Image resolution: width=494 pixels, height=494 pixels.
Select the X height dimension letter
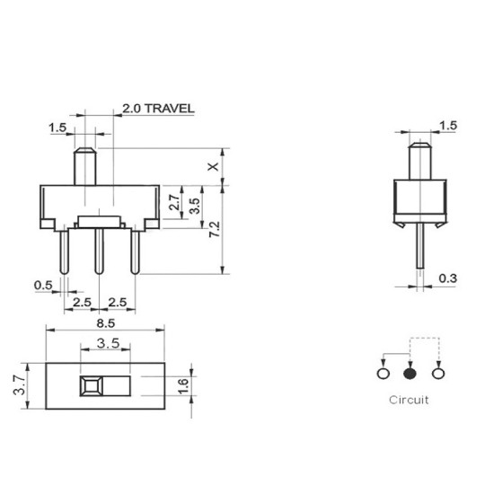(212, 167)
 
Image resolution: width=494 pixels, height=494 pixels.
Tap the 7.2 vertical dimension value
(212, 229)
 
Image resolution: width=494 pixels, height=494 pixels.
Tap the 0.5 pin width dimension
(42, 285)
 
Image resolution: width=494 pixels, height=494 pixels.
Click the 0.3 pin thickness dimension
(447, 279)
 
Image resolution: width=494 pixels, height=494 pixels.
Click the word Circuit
(409, 399)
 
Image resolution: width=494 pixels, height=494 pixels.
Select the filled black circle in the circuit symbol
(411, 374)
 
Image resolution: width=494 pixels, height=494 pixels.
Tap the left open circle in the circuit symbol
(384, 374)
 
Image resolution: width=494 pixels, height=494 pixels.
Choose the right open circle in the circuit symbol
(439, 374)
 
